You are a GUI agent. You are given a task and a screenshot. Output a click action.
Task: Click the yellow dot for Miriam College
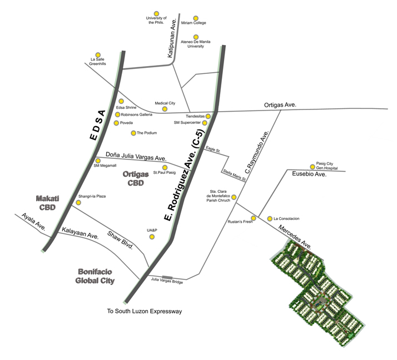point(195,18)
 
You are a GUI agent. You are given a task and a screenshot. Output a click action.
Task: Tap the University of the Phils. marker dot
point(157,13)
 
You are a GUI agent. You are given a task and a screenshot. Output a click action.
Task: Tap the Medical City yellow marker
point(165,109)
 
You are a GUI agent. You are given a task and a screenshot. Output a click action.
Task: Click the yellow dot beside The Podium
point(133,133)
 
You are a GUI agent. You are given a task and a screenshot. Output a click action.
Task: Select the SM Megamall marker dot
point(98,161)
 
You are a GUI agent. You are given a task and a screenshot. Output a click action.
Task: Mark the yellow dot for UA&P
point(152,237)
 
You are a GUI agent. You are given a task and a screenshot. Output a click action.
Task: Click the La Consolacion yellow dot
point(269,218)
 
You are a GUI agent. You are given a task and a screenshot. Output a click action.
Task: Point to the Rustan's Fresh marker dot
point(254,217)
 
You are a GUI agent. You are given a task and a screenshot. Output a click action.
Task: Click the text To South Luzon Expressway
point(145,312)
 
